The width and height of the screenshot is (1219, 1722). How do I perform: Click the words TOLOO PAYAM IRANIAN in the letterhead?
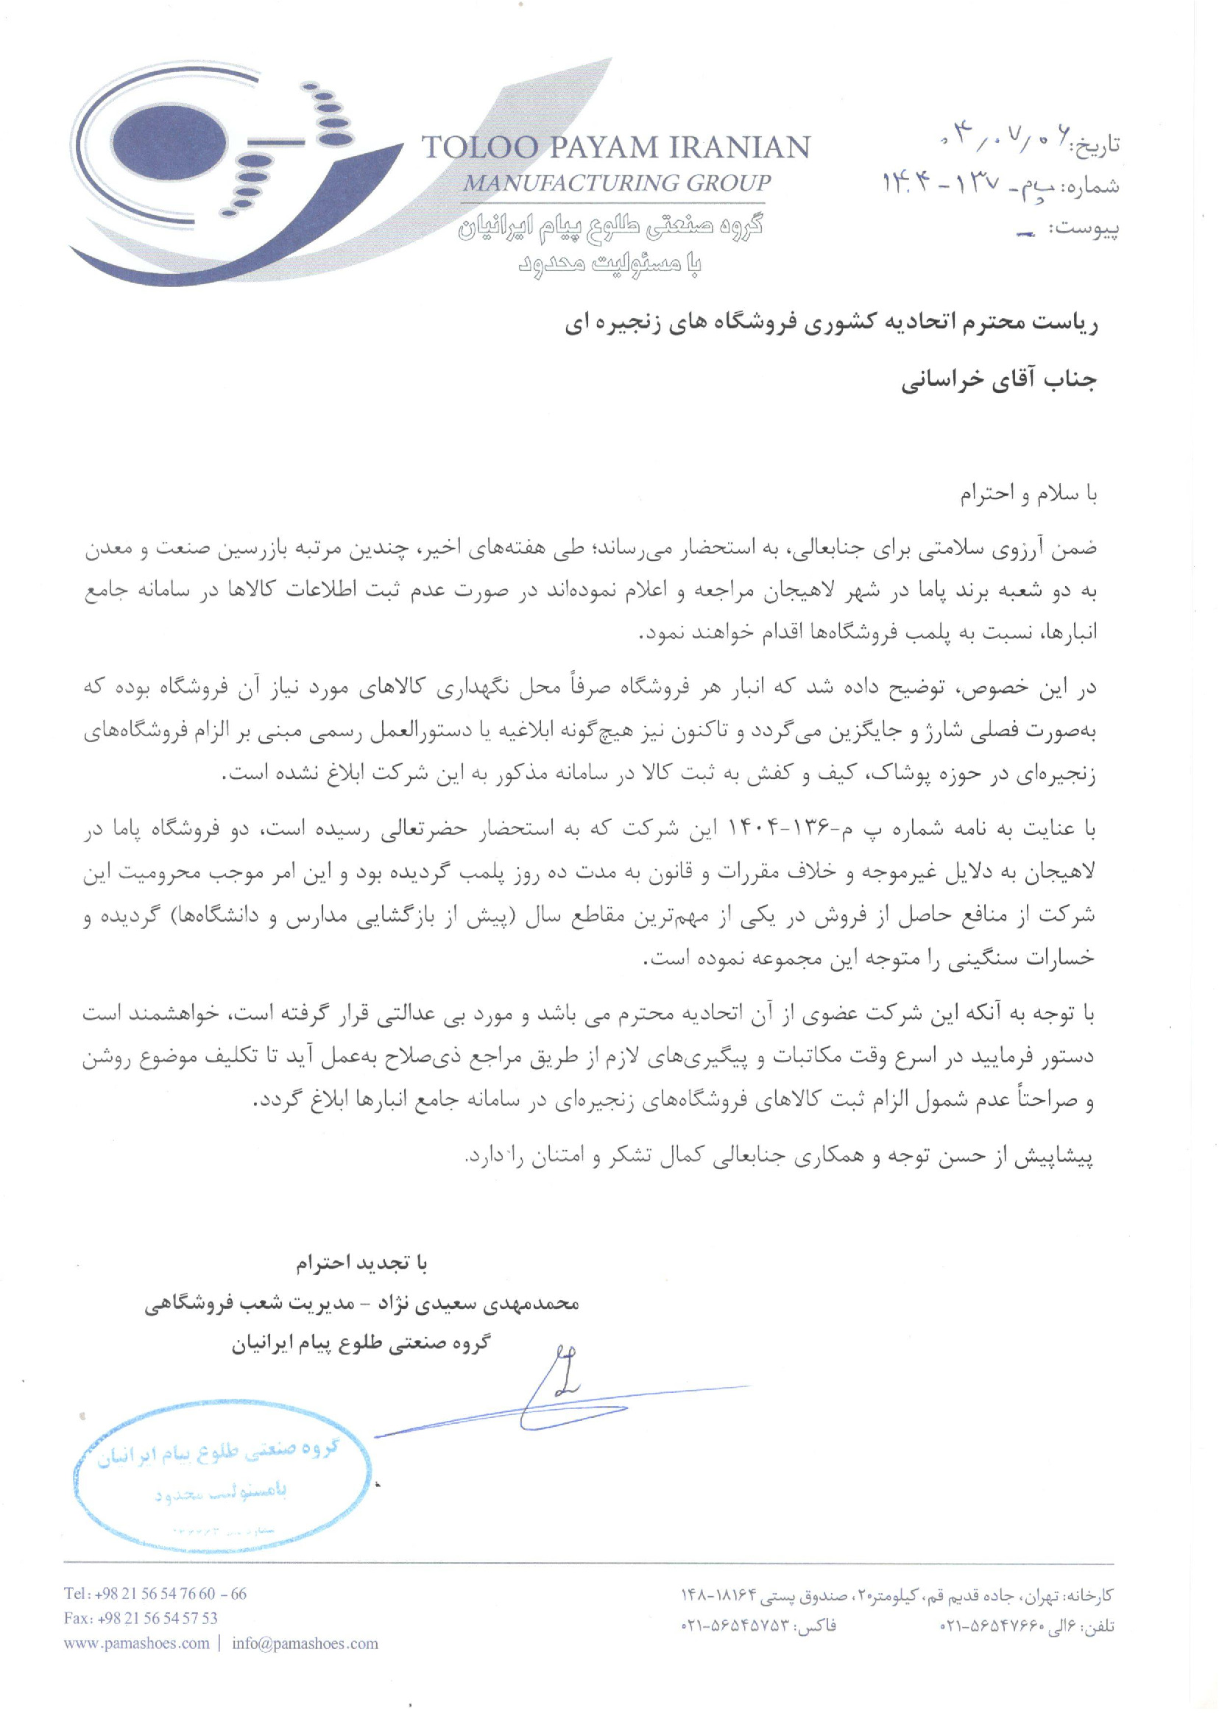(x=615, y=147)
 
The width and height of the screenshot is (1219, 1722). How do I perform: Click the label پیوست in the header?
(x=1089, y=228)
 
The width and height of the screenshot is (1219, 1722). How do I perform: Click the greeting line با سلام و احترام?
(x=1029, y=495)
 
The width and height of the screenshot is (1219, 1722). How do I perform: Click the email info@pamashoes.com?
(x=305, y=1643)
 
